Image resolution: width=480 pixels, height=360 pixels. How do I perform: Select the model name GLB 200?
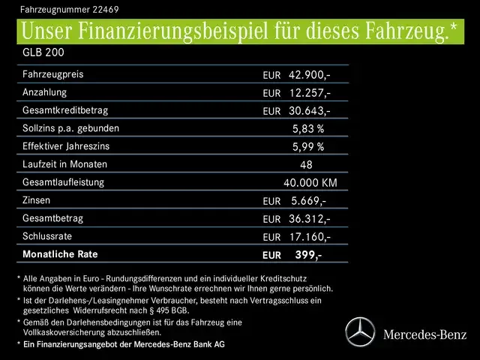tap(42, 54)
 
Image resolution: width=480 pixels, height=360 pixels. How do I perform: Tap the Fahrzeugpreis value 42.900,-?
tap(309, 75)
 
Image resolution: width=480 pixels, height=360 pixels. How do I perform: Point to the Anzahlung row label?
tap(45, 92)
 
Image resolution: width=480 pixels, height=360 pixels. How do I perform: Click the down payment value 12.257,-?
tap(309, 93)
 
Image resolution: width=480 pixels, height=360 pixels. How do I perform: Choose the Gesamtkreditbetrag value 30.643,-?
tap(309, 111)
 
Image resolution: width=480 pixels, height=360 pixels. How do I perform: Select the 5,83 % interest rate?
tap(307, 129)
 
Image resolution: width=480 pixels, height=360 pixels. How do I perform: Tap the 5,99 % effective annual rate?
tap(307, 147)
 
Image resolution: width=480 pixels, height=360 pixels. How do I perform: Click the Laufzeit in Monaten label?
tap(65, 164)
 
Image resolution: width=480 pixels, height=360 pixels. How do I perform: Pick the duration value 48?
tap(305, 165)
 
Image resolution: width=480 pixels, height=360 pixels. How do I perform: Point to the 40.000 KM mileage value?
tap(310, 183)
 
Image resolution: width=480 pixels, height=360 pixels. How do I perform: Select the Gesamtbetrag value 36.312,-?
tap(309, 219)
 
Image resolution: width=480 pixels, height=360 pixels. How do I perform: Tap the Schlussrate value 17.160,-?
tap(309, 237)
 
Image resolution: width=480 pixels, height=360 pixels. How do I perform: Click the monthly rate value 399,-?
tap(308, 255)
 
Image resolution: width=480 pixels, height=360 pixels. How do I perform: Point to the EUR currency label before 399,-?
tap(271, 256)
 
